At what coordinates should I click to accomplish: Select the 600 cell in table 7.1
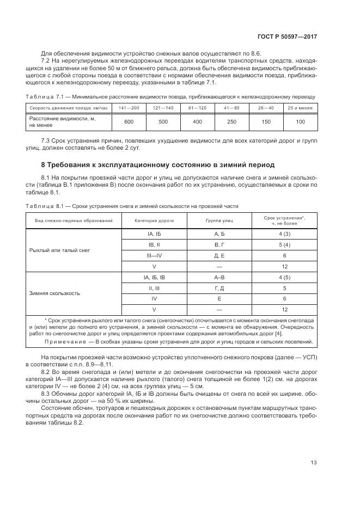click(x=129, y=121)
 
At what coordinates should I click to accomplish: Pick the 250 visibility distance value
click(x=231, y=121)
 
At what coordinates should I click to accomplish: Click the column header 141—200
click(x=129, y=108)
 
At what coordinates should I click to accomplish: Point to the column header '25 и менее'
click(x=300, y=108)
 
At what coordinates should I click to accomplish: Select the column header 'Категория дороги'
click(x=154, y=220)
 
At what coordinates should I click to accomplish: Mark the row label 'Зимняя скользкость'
click(x=54, y=293)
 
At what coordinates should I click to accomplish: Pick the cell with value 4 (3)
click(x=284, y=234)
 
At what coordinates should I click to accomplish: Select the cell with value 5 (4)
click(x=284, y=245)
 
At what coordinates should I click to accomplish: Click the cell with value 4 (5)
click(x=284, y=277)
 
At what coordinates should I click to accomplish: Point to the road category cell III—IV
click(x=154, y=255)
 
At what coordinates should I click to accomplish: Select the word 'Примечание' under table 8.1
click(x=65, y=342)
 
